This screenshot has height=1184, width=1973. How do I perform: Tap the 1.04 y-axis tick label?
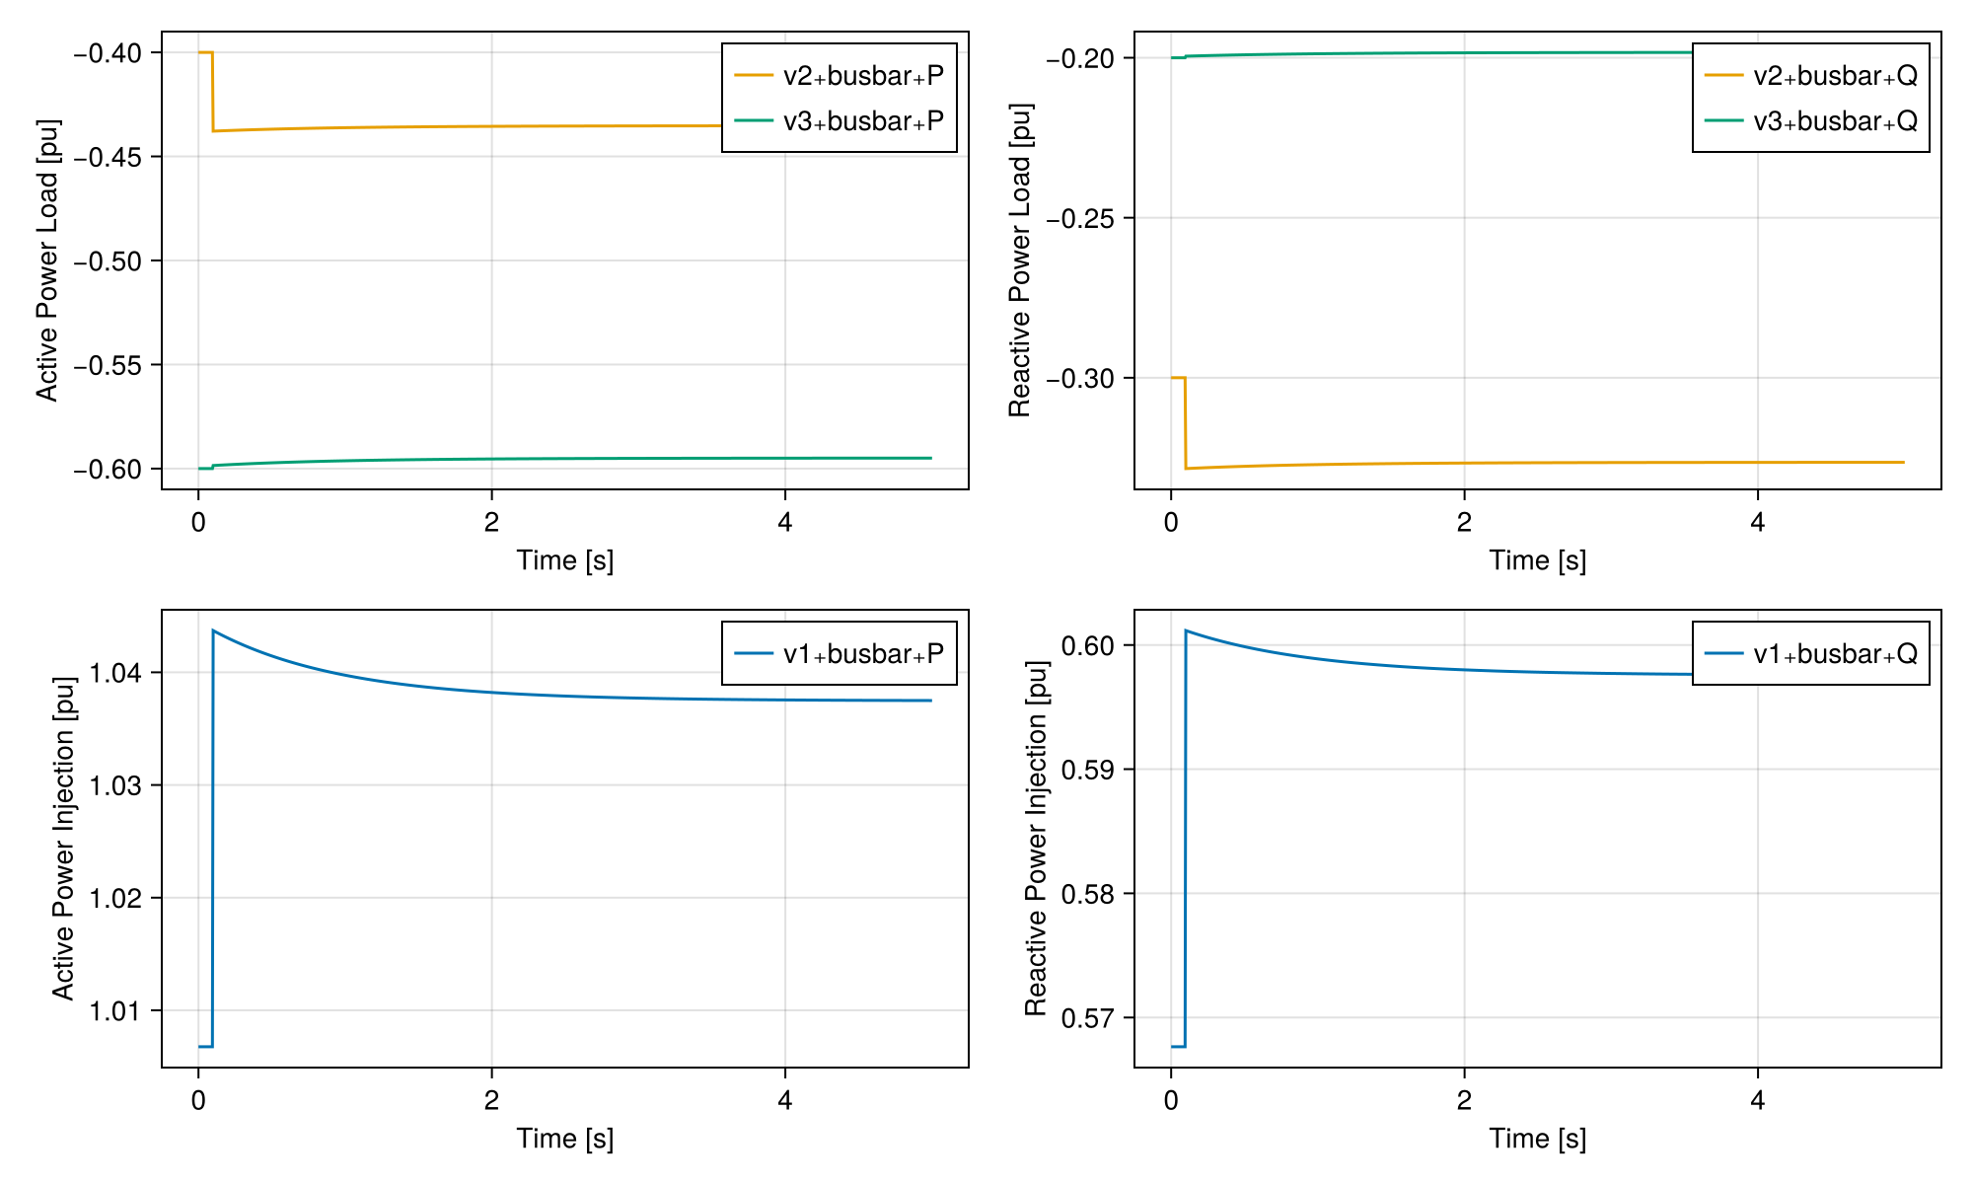[x=116, y=673]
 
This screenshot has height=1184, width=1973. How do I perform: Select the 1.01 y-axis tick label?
[x=116, y=1010]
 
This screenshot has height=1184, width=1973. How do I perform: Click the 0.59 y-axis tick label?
[x=1089, y=770]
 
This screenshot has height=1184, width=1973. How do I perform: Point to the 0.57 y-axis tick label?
[x=1089, y=1017]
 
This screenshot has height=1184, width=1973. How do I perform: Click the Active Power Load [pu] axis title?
[x=47, y=260]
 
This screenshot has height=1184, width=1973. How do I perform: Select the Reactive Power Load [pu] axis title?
[x=1020, y=260]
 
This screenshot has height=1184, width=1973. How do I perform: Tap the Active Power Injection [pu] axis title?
[x=63, y=839]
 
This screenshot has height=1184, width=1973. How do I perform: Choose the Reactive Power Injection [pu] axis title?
[x=1036, y=839]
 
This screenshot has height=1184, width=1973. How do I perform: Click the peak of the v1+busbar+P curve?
[x=213, y=630]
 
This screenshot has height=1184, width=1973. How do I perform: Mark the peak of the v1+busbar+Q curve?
[x=1186, y=630]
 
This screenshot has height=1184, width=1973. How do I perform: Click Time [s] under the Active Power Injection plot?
[x=565, y=1139]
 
